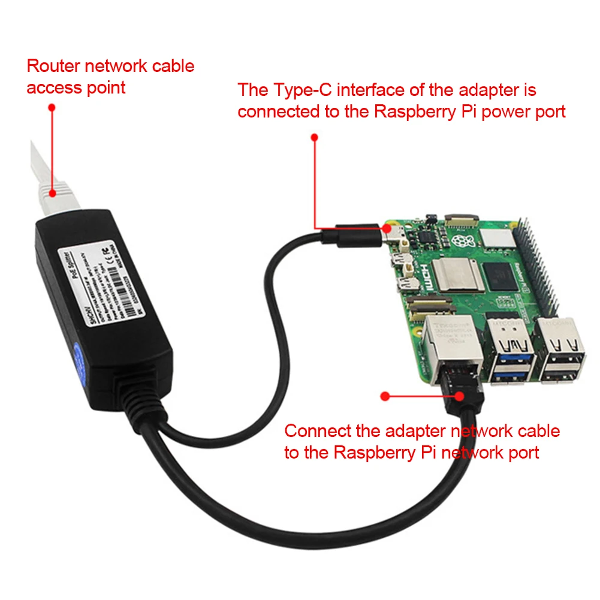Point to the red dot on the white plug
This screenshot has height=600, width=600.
(52, 193)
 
